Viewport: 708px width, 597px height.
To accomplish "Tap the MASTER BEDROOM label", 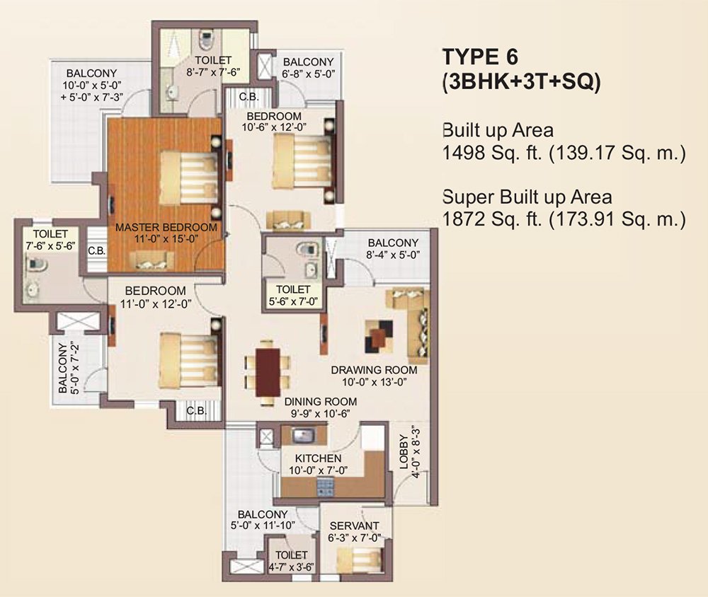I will [166, 228].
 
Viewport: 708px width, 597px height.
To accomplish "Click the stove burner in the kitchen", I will [325, 486].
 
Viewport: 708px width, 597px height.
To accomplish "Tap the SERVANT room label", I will [354, 525].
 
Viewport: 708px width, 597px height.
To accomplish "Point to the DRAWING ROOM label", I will [374, 370].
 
